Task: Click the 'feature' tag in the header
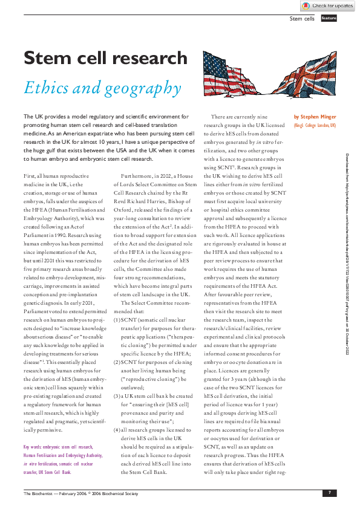(x=329, y=18)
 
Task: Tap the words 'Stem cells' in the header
(x=303, y=19)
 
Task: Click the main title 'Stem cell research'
(x=105, y=58)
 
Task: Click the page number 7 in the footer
(x=329, y=493)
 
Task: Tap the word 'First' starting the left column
(x=31, y=157)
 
